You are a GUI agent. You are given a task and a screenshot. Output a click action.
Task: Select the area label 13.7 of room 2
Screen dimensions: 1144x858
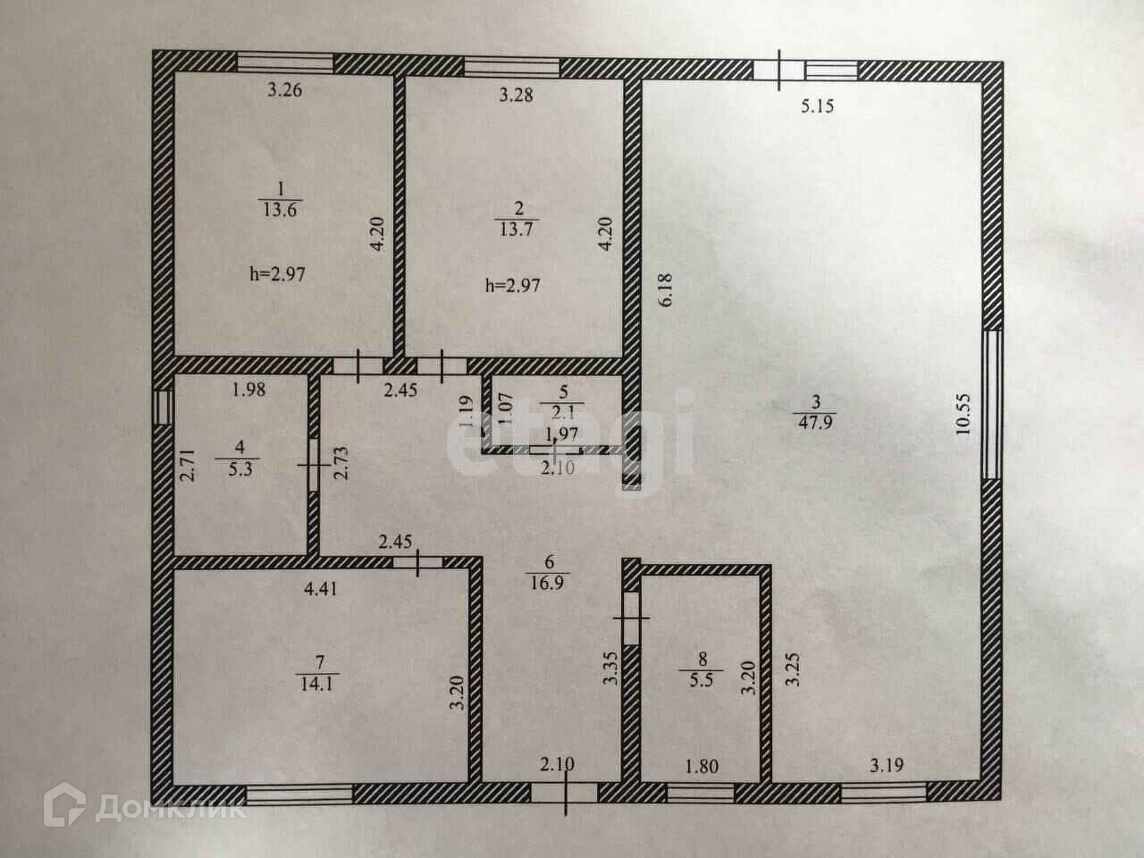click(x=516, y=227)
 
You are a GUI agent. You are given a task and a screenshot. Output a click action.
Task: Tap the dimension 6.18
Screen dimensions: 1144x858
click(x=665, y=290)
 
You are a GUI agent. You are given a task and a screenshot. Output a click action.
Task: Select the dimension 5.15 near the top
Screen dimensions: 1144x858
click(x=817, y=106)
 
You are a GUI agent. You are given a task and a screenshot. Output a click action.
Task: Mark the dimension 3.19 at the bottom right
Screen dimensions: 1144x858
click(x=887, y=765)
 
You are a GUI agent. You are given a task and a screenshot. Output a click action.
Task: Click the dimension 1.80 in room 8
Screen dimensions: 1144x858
click(x=701, y=766)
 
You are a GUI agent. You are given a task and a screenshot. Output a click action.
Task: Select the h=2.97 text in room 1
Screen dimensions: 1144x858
click(x=277, y=274)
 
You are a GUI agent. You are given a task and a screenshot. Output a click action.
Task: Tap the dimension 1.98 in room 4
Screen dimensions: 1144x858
click(x=249, y=389)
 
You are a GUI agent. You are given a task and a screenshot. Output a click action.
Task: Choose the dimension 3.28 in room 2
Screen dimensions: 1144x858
click(x=516, y=94)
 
